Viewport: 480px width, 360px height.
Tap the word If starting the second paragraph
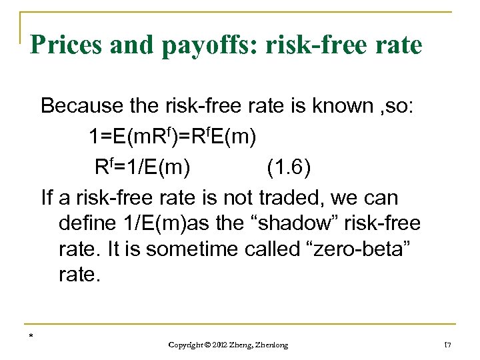pos(46,198)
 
